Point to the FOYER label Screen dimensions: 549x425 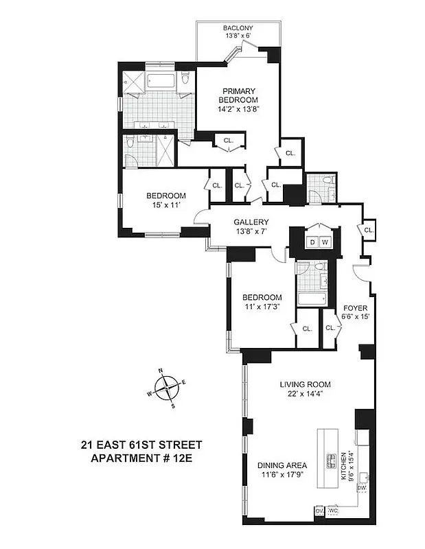[x=356, y=308]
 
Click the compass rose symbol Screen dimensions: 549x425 [x=167, y=389]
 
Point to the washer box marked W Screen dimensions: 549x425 [x=325, y=242]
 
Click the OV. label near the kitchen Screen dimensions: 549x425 [x=319, y=511]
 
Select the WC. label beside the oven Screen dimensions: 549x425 [x=334, y=511]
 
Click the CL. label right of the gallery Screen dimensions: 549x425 [x=369, y=230]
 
